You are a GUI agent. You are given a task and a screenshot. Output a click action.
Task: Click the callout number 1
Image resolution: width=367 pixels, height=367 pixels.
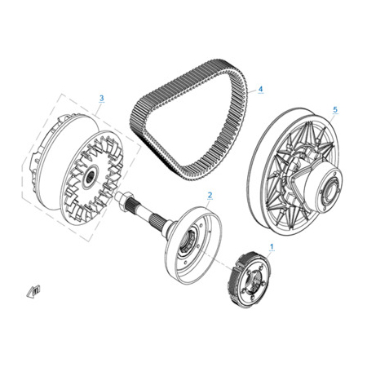[x=272, y=246]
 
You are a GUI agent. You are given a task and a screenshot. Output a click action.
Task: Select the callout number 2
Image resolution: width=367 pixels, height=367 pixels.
[x=210, y=195]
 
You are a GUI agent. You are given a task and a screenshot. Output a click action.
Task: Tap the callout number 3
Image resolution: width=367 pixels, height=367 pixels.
[x=101, y=98]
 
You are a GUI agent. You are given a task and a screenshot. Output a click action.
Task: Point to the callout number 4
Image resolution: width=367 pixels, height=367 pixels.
[x=260, y=89]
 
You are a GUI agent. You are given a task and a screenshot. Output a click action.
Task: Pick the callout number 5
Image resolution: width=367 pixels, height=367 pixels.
[x=335, y=109]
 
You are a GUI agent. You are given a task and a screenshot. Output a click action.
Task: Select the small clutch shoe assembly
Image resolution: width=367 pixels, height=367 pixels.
[x=249, y=279]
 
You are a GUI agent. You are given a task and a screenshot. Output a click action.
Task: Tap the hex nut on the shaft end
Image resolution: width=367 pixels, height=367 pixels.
[x=124, y=199]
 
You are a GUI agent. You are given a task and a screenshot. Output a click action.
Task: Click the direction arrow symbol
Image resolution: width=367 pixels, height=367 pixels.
[x=33, y=291]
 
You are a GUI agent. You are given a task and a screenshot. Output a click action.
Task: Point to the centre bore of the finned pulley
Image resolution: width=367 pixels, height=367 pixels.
[x=90, y=177]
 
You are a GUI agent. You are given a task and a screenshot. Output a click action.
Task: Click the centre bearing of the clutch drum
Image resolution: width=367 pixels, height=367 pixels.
[x=189, y=241]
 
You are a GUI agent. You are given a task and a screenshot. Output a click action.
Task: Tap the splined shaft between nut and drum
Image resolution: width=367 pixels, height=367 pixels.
[x=149, y=214]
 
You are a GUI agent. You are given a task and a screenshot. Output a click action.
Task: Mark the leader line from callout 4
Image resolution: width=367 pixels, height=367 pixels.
[x=253, y=91]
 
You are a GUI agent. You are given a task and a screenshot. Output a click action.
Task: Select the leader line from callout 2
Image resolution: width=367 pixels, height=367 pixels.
[x=208, y=203]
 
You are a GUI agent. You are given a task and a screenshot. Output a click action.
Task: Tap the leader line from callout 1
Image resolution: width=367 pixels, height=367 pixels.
[x=268, y=254]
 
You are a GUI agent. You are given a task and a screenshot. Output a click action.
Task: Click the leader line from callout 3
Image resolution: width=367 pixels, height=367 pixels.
[x=99, y=107]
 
